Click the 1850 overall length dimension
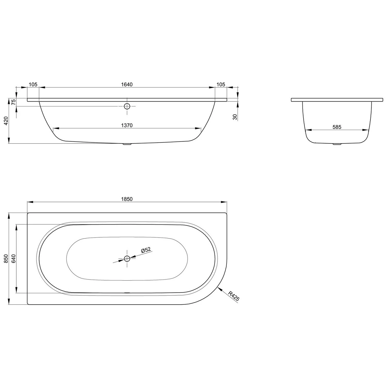(x=127, y=199)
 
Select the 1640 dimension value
(x=127, y=84)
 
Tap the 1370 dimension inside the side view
(x=127, y=125)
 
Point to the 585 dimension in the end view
(x=337, y=127)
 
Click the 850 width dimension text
(x=6, y=259)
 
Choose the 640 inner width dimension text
(x=14, y=259)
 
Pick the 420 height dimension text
(x=6, y=121)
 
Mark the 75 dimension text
(x=14, y=102)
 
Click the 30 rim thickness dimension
(x=235, y=117)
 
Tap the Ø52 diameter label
(x=146, y=250)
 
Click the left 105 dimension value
(x=33, y=84)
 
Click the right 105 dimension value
(x=221, y=84)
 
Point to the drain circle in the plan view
(x=127, y=259)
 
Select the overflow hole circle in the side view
(x=127, y=106)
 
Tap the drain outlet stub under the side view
(x=127, y=144)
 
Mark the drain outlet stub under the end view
(x=337, y=144)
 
